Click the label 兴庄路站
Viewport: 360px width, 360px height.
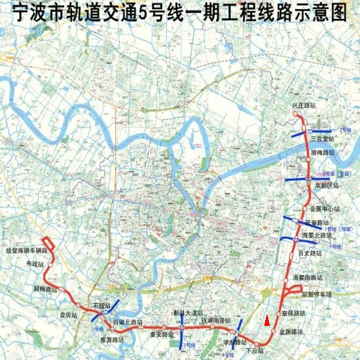tap(304, 105)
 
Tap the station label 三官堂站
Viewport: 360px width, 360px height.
tap(323, 139)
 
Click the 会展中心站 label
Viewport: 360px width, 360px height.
tap(325, 209)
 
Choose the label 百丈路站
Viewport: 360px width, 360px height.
tap(310, 253)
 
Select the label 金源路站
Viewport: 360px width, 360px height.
tap(291, 332)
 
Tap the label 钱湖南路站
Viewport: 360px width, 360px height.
tap(216, 320)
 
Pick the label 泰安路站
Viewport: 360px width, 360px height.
tap(160, 333)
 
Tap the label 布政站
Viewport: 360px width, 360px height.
tap(34, 264)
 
